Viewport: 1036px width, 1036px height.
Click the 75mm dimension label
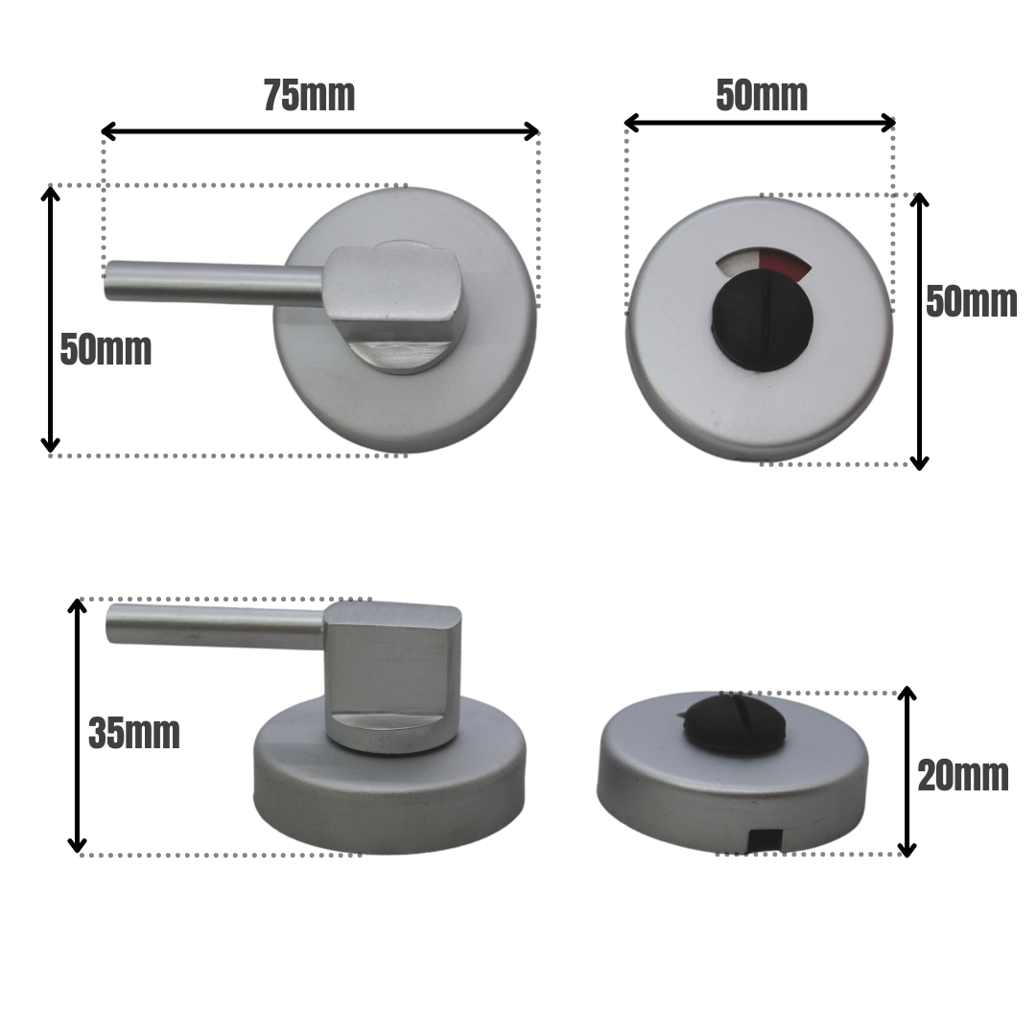click(x=309, y=97)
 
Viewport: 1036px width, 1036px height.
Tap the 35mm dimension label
click(x=133, y=734)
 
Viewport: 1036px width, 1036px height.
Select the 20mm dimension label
click(x=962, y=776)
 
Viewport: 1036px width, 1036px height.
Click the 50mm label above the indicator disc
click(x=762, y=96)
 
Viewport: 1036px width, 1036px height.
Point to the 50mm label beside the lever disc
click(x=106, y=350)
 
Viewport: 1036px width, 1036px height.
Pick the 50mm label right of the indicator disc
click(x=971, y=302)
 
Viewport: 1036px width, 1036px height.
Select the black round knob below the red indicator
click(x=763, y=321)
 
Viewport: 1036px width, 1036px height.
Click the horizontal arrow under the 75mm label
click(x=320, y=131)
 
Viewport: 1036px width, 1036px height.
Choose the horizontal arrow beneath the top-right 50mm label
click(x=760, y=123)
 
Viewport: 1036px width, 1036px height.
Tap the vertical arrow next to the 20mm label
click(x=906, y=771)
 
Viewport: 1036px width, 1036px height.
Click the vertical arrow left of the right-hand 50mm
click(x=919, y=331)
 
